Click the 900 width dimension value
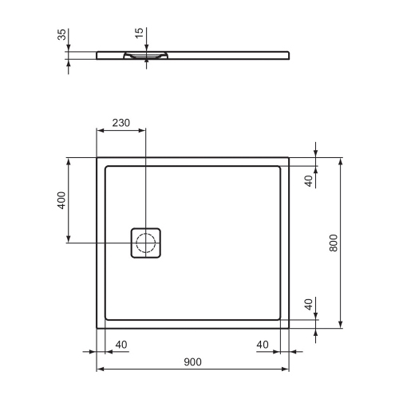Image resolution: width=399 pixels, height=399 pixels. [192, 361]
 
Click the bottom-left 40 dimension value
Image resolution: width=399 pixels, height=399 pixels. [121, 345]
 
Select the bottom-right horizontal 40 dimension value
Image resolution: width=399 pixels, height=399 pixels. [263, 345]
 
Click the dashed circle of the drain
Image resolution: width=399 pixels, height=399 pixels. [146, 242]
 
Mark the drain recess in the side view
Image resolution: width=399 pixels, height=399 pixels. [145, 57]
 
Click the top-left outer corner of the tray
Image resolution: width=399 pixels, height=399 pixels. [97, 157]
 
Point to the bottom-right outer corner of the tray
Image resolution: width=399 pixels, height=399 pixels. [288, 327]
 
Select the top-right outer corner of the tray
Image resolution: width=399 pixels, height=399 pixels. [288, 157]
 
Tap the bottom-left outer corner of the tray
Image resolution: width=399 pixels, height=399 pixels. [97, 327]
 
